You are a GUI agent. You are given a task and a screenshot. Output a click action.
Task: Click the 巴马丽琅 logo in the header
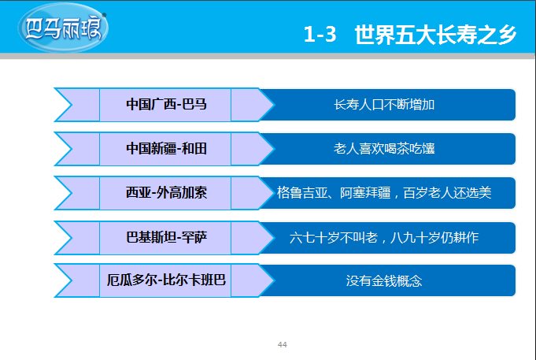pyautogui.click(x=63, y=28)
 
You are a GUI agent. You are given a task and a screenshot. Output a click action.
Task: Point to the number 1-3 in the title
pyautogui.click(x=320, y=35)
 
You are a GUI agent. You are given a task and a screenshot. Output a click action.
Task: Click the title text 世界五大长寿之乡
pyautogui.click(x=435, y=35)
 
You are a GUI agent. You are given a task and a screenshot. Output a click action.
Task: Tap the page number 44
pyautogui.click(x=283, y=344)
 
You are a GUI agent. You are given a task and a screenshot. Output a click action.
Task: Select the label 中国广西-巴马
pyautogui.click(x=166, y=104)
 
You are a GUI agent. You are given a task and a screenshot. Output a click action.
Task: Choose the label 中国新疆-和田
pyautogui.click(x=166, y=149)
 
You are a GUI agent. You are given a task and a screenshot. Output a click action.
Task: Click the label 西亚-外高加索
pyautogui.click(x=166, y=193)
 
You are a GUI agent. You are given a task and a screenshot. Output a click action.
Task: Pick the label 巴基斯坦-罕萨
pyautogui.click(x=166, y=237)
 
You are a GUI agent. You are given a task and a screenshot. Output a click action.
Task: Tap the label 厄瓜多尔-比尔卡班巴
pyautogui.click(x=166, y=280)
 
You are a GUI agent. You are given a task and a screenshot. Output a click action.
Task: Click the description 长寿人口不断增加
pyautogui.click(x=384, y=105)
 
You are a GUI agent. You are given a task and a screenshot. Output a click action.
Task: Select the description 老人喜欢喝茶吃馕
pyautogui.click(x=384, y=149)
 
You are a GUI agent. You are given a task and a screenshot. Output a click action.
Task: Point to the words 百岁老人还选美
pyautogui.click(x=448, y=193)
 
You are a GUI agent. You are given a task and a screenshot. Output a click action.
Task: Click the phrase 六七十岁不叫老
pyautogui.click(x=334, y=237)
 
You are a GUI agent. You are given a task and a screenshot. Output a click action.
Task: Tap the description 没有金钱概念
pyautogui.click(x=384, y=281)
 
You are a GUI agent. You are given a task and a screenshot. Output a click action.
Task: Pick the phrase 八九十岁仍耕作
pyautogui.click(x=434, y=237)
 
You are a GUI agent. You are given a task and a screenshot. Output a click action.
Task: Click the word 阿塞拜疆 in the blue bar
pyautogui.click(x=365, y=193)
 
